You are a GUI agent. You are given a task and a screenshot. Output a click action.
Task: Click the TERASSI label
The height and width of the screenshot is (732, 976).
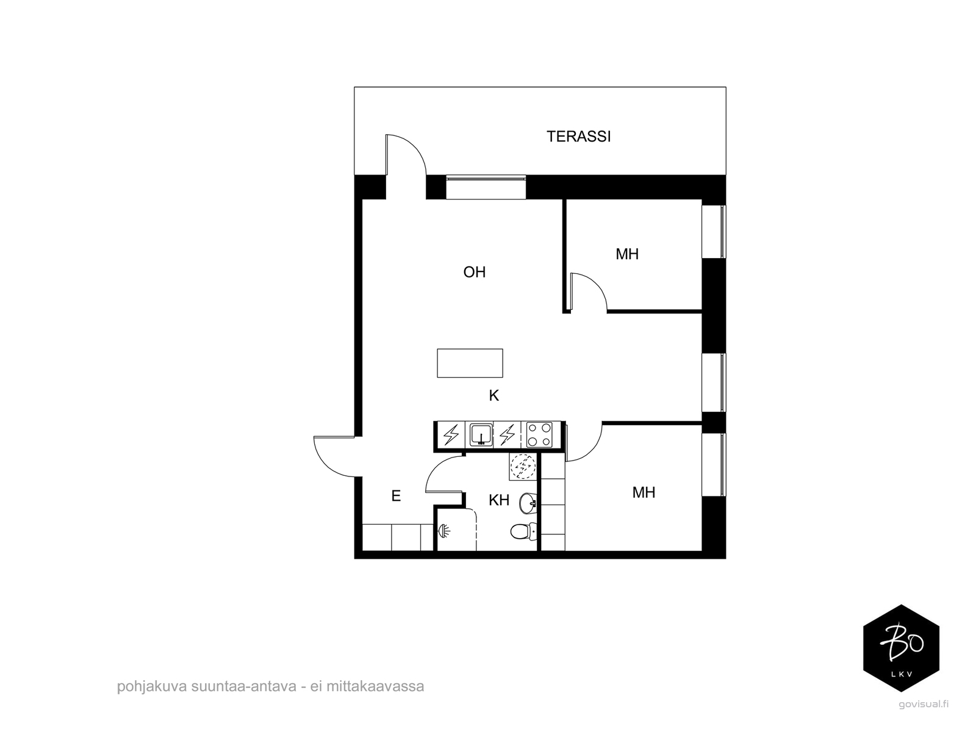(578, 137)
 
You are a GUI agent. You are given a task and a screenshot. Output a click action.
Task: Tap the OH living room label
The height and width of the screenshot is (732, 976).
(474, 272)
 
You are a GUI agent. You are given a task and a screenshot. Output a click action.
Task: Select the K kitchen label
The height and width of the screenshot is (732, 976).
(493, 396)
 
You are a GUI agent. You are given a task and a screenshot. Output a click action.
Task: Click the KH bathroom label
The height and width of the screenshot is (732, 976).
(498, 501)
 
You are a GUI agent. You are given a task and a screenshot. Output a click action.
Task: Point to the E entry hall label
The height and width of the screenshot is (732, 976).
(396, 497)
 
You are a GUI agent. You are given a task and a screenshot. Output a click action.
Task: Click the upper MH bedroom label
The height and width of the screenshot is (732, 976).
(626, 254)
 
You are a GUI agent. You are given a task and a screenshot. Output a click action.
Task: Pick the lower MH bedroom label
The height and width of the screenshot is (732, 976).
(643, 492)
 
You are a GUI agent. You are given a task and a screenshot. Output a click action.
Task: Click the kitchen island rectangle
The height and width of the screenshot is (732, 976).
(470, 363)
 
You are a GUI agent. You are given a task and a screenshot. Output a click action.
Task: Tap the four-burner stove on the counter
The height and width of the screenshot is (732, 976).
(539, 435)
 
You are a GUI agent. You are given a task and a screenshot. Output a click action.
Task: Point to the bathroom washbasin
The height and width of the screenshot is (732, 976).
(528, 504)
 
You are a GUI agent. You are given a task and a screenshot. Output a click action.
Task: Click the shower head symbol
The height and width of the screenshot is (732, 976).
(445, 531)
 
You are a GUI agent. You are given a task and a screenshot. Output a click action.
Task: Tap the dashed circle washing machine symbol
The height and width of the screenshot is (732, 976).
(523, 467)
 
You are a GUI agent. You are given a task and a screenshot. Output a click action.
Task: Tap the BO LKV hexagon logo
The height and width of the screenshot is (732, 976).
(902, 648)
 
